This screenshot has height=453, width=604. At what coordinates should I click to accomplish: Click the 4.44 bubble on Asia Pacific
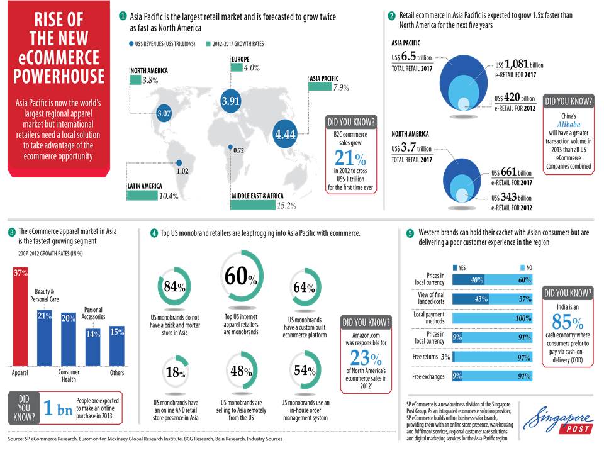[285, 133]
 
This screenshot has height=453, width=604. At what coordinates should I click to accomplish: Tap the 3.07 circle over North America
[164, 113]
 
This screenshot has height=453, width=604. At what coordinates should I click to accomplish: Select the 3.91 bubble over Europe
[230, 101]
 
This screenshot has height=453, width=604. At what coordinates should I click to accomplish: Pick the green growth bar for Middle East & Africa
[253, 205]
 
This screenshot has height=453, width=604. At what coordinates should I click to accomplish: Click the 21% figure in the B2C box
[350, 157]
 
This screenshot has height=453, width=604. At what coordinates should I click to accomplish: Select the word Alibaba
[568, 125]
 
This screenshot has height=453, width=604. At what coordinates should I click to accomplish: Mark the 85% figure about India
[568, 321]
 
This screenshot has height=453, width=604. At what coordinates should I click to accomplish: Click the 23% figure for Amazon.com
[366, 358]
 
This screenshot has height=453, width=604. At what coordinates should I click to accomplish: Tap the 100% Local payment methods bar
[492, 318]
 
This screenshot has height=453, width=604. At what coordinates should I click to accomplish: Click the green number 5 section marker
[410, 233]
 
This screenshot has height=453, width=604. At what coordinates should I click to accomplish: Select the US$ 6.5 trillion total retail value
[411, 57]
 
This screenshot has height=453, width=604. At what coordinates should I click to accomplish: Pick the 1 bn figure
[58, 408]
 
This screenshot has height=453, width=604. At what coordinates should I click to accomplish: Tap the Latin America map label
[145, 186]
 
